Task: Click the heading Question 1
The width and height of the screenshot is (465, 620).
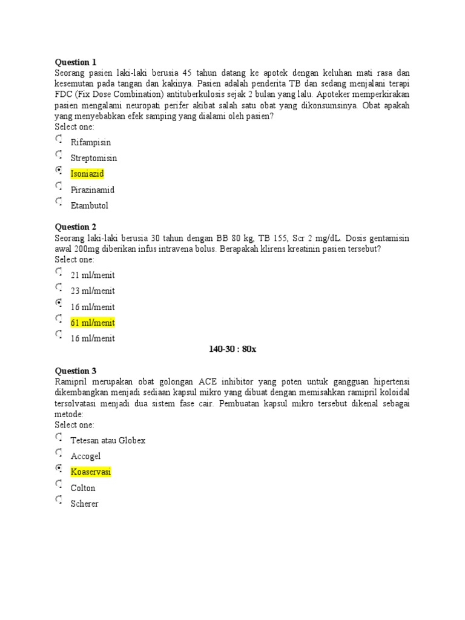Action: click(x=76, y=62)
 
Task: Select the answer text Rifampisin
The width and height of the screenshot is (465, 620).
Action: click(x=91, y=142)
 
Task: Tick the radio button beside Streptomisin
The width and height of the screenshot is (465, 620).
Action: click(x=58, y=155)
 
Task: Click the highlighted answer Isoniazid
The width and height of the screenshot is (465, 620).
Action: click(x=87, y=174)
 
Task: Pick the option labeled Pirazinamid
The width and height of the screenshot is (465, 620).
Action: click(x=93, y=190)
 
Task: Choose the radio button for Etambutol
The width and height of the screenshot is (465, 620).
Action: click(x=58, y=202)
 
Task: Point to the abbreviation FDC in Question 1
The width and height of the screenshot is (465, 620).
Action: click(x=64, y=94)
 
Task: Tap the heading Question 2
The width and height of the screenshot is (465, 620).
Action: click(x=76, y=227)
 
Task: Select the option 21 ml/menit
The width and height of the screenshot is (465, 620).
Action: click(x=93, y=275)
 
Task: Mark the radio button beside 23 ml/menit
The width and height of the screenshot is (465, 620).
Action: click(x=58, y=288)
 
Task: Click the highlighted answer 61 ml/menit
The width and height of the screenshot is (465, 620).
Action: click(x=93, y=323)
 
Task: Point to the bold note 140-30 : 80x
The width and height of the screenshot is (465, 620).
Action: click(x=232, y=349)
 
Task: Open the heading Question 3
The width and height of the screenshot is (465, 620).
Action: click(x=76, y=371)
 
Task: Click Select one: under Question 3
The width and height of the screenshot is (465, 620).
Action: click(x=74, y=425)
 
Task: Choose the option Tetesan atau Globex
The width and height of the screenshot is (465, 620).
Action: click(x=108, y=440)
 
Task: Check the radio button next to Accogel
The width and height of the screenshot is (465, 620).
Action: click(x=58, y=453)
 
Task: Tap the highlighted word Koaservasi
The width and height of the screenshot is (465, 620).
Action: click(x=91, y=472)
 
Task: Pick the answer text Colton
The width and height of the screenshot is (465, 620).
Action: click(x=83, y=488)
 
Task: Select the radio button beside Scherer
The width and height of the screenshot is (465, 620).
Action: click(x=58, y=500)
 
